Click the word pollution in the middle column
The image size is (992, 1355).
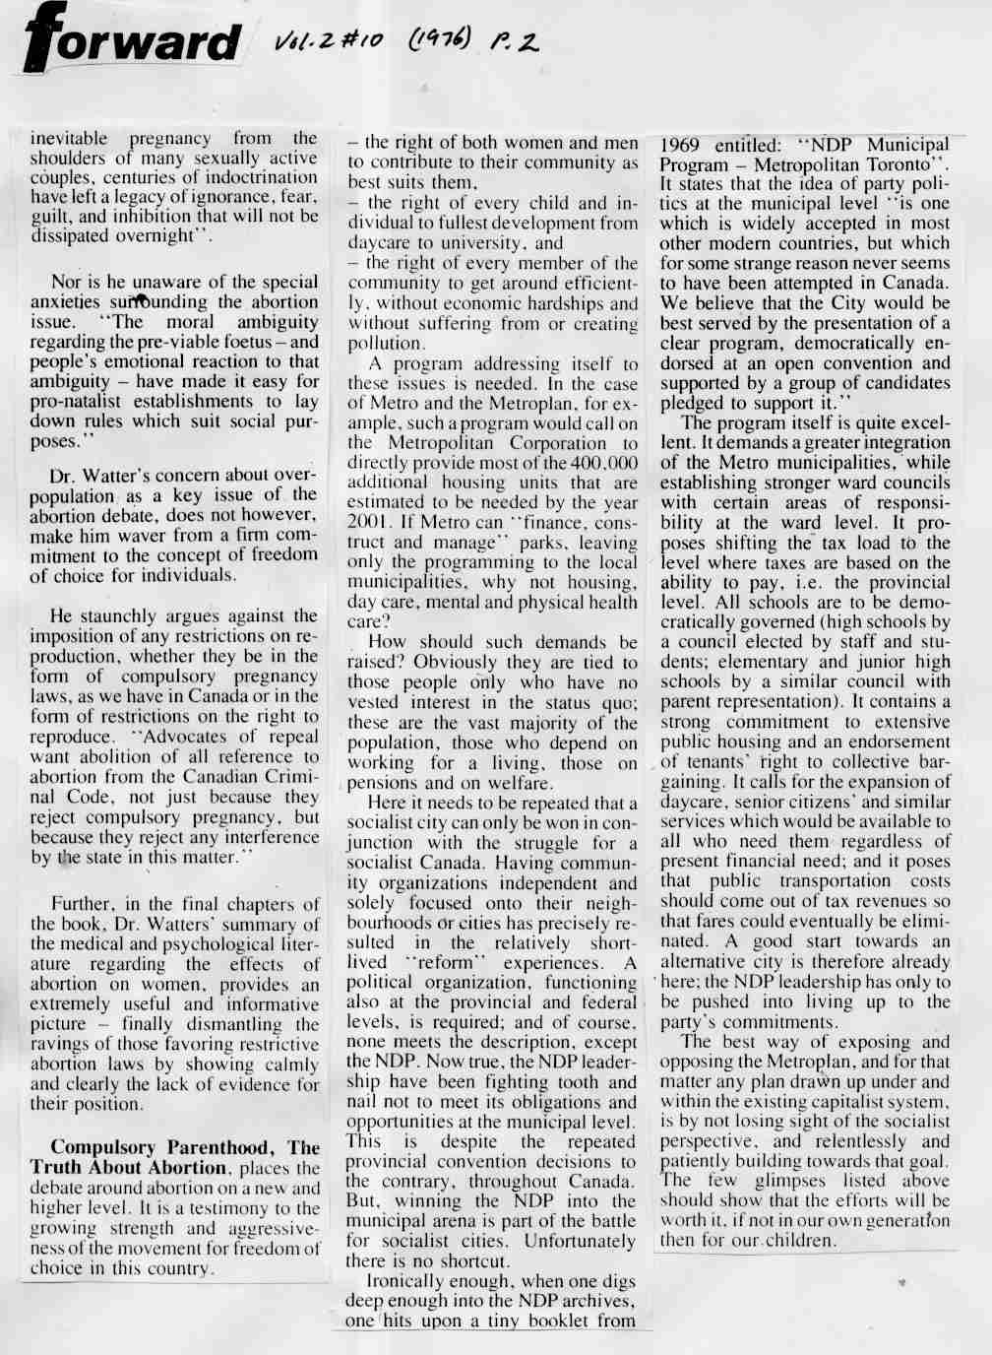386,344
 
